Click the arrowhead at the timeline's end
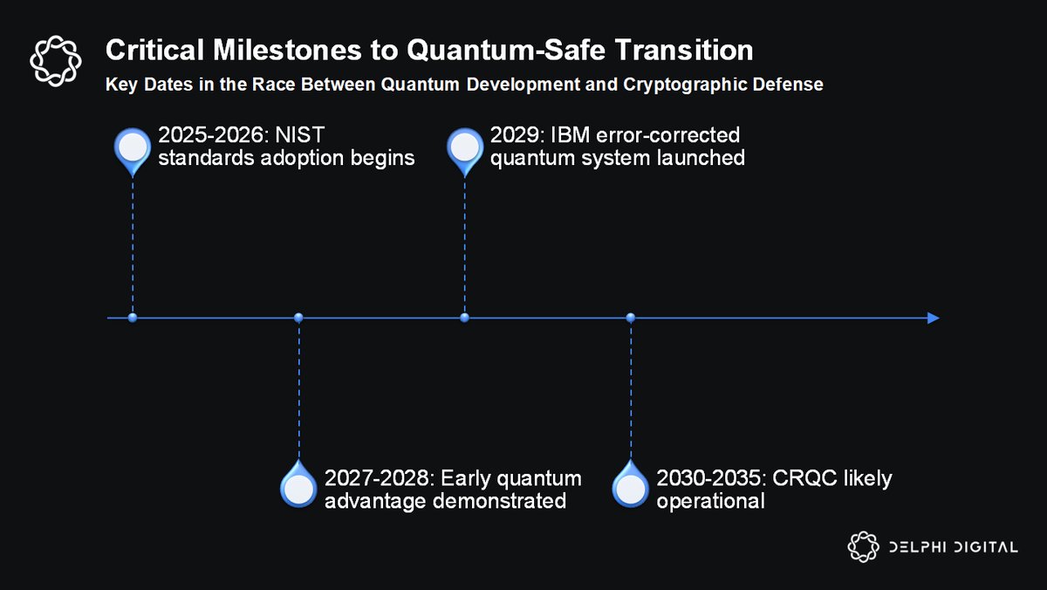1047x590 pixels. point(933,318)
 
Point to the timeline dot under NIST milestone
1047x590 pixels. point(133,318)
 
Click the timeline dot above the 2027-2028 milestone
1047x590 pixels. point(298,318)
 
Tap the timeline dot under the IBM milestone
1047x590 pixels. point(464,318)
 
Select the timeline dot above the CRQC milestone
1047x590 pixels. point(631,318)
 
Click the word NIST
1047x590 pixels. point(299,135)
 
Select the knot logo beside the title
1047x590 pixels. point(56,61)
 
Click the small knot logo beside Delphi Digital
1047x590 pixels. point(863,546)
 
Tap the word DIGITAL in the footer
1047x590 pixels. point(985,547)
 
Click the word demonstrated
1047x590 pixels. point(500,501)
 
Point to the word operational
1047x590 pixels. point(710,502)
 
